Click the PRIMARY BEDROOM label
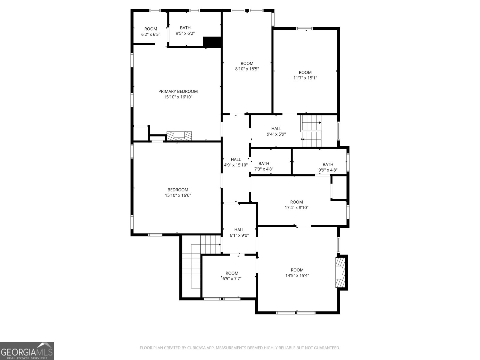pos(178,91)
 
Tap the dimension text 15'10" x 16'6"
pos(178,195)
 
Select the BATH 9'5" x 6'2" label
pos(185,31)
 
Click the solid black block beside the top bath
pos(212,42)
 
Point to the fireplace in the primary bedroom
pos(179,136)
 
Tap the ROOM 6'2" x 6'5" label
pos(151,31)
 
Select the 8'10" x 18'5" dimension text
pos(247,69)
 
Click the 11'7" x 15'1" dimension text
pos(305,78)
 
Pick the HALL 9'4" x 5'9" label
pos(276,131)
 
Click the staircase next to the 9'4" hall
pos(311,131)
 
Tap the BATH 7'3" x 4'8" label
pos(264,166)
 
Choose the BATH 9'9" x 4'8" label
pos(328,167)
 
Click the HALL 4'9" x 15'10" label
pos(236,162)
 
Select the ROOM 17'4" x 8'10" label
pos(296,205)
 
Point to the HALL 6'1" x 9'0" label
pos(239,232)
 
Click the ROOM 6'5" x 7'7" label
pos(232,276)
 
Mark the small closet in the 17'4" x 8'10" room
pos(339,188)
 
